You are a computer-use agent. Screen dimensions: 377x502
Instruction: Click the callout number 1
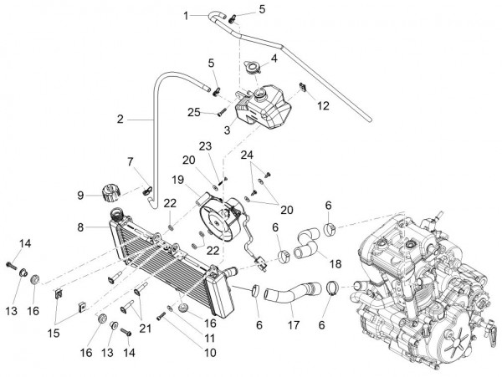point(187,14)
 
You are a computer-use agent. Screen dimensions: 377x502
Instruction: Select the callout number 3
point(226,130)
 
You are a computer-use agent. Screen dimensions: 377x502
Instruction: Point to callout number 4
point(274,59)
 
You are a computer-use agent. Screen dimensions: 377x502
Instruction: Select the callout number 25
point(193,111)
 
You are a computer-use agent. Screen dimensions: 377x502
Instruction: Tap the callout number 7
point(131,160)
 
